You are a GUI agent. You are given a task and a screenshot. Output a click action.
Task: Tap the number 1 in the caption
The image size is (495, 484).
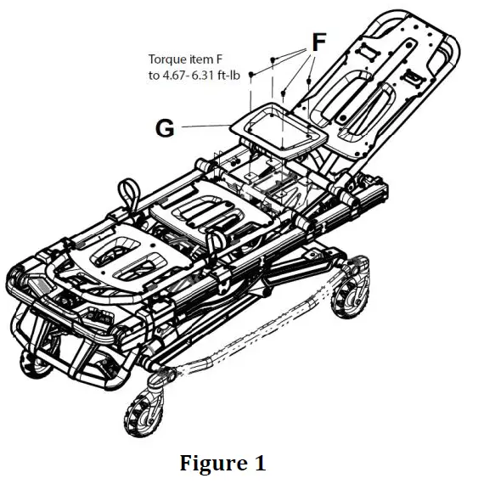pos(260,464)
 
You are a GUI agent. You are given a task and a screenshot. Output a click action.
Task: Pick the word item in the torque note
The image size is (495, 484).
pos(204,59)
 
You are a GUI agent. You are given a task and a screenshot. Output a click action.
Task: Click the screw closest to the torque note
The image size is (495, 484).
pos(252,75)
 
